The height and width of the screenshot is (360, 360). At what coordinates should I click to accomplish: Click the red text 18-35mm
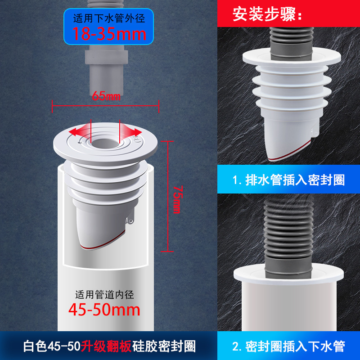pyautogui.click(x=109, y=34)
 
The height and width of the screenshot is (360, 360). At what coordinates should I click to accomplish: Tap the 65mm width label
pyautogui.click(x=106, y=96)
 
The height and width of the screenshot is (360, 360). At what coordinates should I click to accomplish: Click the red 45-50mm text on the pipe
pyautogui.click(x=104, y=310)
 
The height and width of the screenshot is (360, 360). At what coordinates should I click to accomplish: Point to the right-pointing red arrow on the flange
pyautogui.click(x=130, y=131)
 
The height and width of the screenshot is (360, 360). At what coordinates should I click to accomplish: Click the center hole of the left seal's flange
pyautogui.click(x=105, y=144)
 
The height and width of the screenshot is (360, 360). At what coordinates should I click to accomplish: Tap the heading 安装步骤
pyautogui.click(x=267, y=14)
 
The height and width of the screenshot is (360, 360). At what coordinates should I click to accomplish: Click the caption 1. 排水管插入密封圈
pyautogui.click(x=288, y=180)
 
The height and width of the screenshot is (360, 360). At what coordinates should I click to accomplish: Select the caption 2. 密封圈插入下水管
pyautogui.click(x=288, y=346)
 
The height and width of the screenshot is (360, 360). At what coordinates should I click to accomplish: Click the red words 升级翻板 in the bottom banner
pyautogui.click(x=106, y=346)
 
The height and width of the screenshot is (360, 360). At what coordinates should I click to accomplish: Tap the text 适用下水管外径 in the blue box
pyautogui.click(x=109, y=18)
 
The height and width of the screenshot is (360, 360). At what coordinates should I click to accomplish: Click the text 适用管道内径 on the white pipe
pyautogui.click(x=104, y=295)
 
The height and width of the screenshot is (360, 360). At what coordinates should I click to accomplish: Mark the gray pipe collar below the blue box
pyautogui.click(x=106, y=57)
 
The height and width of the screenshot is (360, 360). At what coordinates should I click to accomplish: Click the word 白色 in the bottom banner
pyautogui.click(x=35, y=346)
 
